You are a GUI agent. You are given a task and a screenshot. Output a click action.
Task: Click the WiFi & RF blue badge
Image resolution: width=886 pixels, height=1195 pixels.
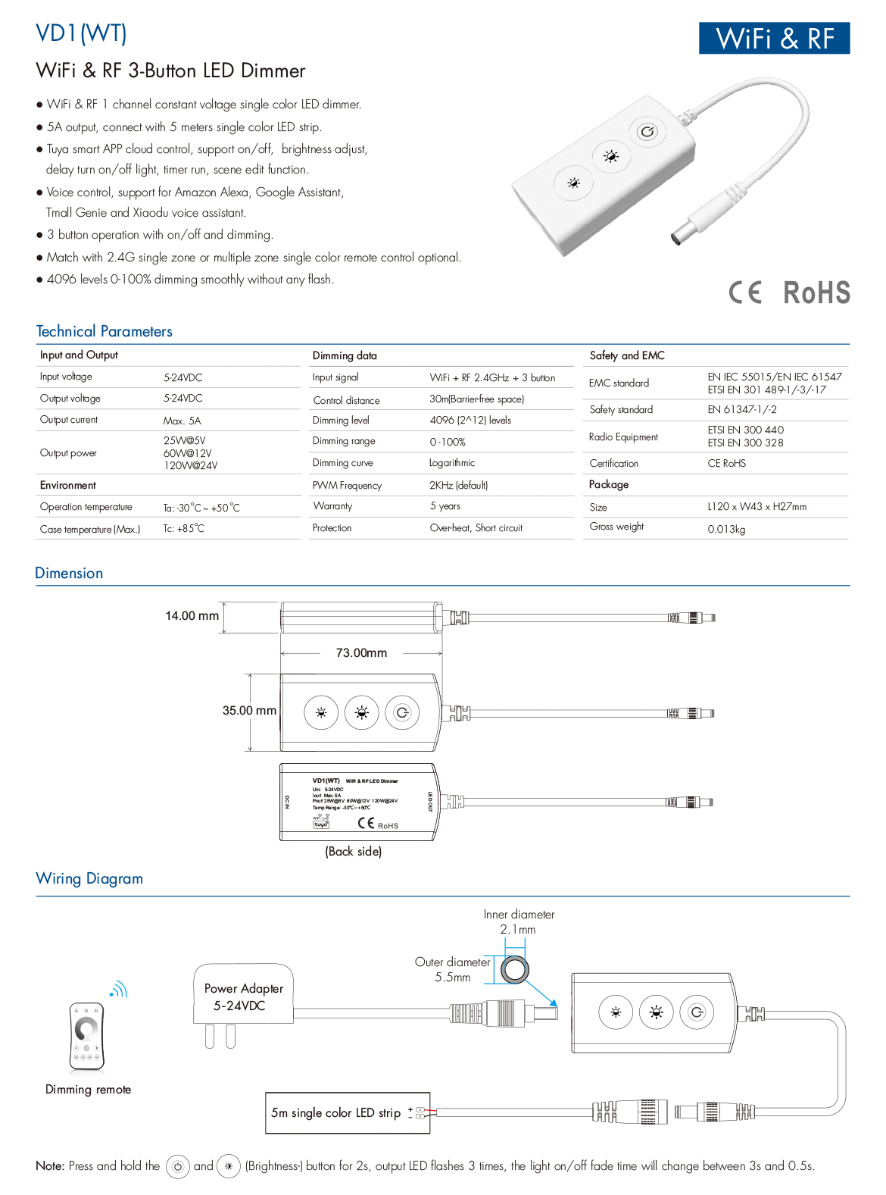tap(774, 38)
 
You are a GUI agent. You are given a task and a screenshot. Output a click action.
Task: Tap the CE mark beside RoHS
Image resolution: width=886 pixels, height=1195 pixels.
tap(745, 292)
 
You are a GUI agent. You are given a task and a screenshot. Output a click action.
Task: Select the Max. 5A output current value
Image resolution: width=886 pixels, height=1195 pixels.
tap(182, 421)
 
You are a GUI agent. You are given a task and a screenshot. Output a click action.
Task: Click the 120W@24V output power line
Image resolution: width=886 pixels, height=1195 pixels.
tap(190, 465)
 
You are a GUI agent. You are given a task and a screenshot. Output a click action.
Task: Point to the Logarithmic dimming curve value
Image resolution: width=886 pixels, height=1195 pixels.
tap(452, 463)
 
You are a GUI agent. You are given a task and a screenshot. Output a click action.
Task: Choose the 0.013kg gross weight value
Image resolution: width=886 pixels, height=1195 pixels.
tap(726, 529)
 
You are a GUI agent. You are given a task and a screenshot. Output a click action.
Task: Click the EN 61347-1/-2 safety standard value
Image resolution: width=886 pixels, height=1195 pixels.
tap(741, 409)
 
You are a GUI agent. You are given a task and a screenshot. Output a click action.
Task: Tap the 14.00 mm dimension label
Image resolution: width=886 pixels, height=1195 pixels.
tap(192, 616)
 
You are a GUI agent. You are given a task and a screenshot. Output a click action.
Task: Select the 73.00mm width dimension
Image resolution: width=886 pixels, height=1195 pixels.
tap(361, 652)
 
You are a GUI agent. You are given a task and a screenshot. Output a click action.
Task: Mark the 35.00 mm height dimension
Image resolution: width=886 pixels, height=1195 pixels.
tap(249, 711)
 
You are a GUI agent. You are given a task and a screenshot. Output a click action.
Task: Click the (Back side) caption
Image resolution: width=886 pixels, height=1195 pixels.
tap(353, 851)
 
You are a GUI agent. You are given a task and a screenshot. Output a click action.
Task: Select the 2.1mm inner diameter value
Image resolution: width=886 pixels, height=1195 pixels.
tap(517, 929)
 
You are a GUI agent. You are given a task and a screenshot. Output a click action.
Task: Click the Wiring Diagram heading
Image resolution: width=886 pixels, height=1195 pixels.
tap(89, 878)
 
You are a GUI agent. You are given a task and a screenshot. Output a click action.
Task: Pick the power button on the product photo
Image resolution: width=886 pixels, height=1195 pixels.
tap(647, 132)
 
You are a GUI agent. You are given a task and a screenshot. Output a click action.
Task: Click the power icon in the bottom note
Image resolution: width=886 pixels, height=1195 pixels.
tap(177, 1166)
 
